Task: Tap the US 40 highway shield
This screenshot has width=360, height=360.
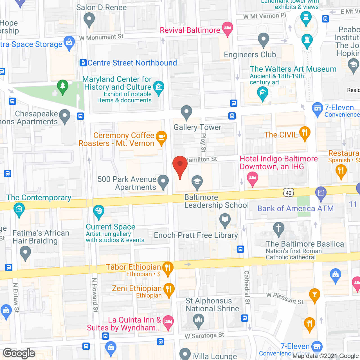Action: [x=289, y=193]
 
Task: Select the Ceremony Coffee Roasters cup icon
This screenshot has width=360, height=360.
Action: [x=161, y=137]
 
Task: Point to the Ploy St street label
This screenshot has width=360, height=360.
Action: [x=203, y=143]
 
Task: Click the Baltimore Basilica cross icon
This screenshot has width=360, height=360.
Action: [x=279, y=228]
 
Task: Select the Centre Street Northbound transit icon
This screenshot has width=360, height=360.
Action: [x=83, y=63]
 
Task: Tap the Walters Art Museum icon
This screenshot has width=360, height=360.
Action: [x=263, y=93]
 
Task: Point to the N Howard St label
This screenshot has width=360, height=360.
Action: [x=95, y=295]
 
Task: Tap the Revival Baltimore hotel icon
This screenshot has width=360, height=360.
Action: [x=227, y=28]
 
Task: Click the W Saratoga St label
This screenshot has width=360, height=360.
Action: [x=204, y=336]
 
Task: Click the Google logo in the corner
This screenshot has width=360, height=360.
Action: [x=19, y=353]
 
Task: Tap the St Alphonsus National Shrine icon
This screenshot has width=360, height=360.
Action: [x=199, y=320]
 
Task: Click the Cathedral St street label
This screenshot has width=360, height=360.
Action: [x=247, y=287]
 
